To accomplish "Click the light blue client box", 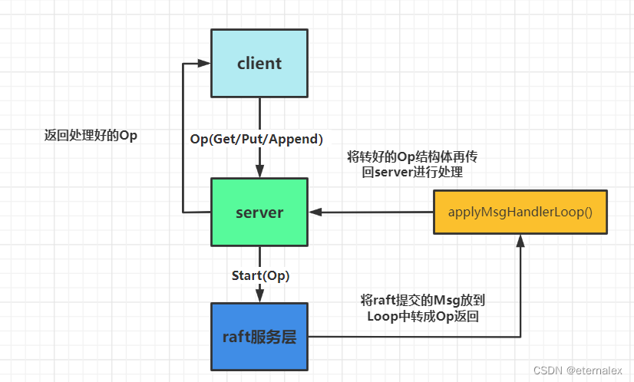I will pos(259,64).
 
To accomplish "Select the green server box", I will pos(259,212).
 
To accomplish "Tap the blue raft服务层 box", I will pos(259,336).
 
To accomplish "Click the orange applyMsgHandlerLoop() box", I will pos(520,211).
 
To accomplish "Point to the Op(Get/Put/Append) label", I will pos(256,139).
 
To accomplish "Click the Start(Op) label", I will pos(260,275).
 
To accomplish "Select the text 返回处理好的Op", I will pos(91,135).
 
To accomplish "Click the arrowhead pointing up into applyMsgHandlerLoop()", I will pos(520,241).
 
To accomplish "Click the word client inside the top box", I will pos(259,64).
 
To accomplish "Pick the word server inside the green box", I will pos(259,212).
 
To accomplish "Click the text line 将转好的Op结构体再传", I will pos(412,156).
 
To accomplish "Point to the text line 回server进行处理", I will pos(412,173).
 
